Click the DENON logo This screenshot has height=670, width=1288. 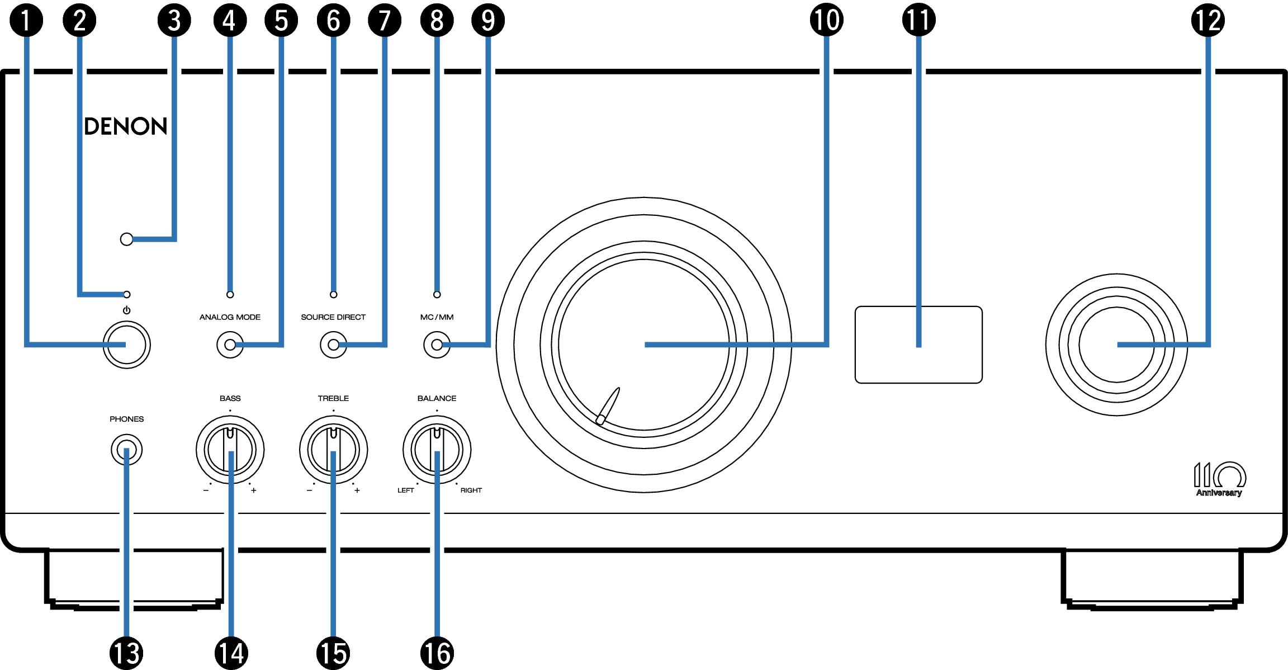[125, 126]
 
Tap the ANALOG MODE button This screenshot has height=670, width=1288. [230, 345]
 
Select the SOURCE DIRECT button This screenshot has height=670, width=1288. [333, 345]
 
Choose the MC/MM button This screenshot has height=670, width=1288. [437, 345]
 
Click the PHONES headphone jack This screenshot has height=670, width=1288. [127, 450]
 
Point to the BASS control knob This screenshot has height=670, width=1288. [230, 450]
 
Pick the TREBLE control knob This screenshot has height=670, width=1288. [333, 450]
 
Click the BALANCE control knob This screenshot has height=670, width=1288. [437, 450]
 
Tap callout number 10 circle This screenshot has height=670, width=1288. [826, 20]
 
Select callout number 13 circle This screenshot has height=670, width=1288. [126, 653]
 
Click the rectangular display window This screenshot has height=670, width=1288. [918, 345]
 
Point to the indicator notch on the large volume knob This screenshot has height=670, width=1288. [608, 405]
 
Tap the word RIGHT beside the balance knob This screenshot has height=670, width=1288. [471, 490]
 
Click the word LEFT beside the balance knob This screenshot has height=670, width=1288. [405, 490]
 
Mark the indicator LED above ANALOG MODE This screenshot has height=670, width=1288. [230, 295]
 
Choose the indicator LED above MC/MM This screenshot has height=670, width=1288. [437, 295]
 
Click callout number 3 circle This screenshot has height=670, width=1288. [174, 20]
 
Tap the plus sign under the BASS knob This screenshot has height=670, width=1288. [253, 490]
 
